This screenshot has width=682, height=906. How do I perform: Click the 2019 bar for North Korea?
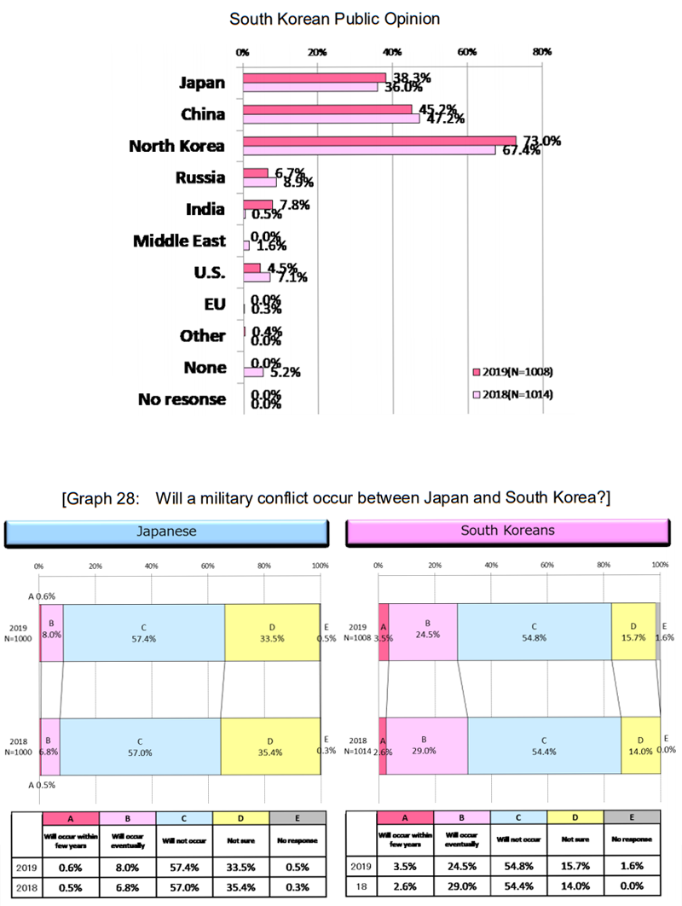tap(379, 141)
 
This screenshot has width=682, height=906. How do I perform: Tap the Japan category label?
tap(202, 83)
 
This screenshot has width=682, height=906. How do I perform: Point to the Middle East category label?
tap(179, 241)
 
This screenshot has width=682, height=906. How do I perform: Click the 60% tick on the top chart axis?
tap(467, 52)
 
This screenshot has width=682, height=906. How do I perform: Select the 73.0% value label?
tap(540, 141)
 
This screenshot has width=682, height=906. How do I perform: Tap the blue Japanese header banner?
tap(167, 531)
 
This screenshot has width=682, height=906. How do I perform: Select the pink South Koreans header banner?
tap(506, 531)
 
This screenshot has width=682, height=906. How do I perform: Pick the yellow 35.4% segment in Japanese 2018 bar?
tap(270, 746)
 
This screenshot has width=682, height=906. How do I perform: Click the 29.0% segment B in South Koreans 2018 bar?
tap(427, 746)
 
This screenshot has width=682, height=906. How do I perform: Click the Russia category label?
tap(200, 177)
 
